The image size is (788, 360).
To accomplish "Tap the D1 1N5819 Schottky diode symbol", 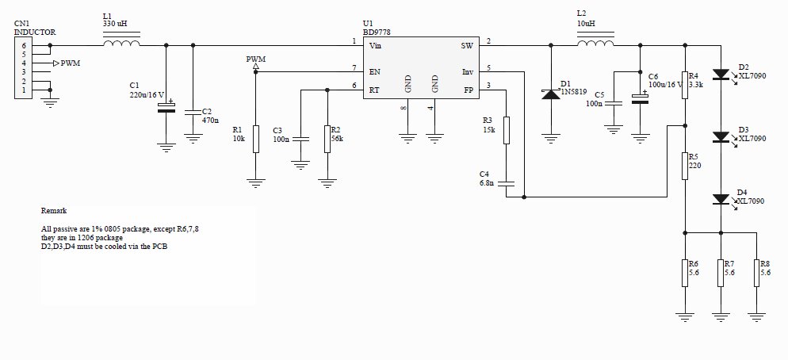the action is tap(551, 94).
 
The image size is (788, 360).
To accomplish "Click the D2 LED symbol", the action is tap(721, 75).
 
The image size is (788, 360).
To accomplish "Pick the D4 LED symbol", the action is tap(721, 199).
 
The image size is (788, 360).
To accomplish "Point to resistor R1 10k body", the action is tap(256, 140).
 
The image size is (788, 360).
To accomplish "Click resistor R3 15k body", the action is tap(506, 130).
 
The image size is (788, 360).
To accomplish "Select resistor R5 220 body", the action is tap(684, 166).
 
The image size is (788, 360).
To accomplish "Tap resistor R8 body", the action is tap(756, 273).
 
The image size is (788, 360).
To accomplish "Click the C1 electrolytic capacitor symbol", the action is tap(166, 107).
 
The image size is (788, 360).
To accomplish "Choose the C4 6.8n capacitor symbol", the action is tap(506, 183).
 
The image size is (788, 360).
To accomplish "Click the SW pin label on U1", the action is tap(467, 46).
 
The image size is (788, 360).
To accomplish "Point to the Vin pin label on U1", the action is tap(375, 46).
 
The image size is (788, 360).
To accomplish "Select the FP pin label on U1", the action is tap(468, 90).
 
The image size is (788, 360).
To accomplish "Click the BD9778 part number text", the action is tap(377, 33).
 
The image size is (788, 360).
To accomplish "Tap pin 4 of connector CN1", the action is tap(23, 63).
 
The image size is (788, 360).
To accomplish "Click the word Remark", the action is tap(54, 211).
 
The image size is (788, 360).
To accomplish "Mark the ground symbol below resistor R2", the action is tap(327, 183).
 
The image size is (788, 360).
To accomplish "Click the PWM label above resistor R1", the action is tap(256, 59).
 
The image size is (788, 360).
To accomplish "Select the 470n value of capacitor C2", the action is tap(210, 121).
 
